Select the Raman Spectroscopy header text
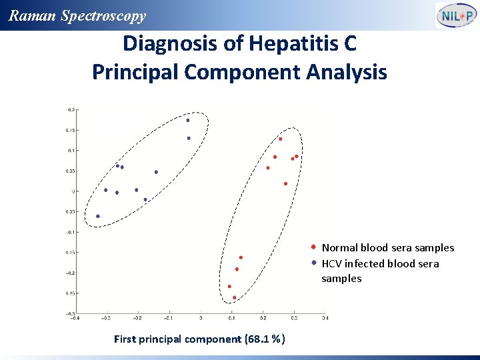pyautogui.click(x=77, y=15)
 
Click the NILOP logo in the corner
pyautogui.click(x=456, y=15)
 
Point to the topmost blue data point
pyautogui.click(x=188, y=121)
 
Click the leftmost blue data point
pyautogui.click(x=98, y=216)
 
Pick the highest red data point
pyautogui.click(x=281, y=139)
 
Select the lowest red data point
pyautogui.click(x=234, y=297)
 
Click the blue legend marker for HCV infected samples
pyautogui.click(x=313, y=263)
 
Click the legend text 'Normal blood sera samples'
pyautogui.click(x=387, y=248)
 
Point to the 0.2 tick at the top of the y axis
pyautogui.click(x=71, y=109)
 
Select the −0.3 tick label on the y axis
pyautogui.click(x=69, y=313)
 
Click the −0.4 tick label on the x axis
pyautogui.click(x=76, y=318)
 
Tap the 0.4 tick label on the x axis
pyautogui.click(x=325, y=318)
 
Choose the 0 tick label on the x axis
pyautogui.click(x=201, y=318)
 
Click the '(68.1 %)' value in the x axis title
pyautogui.click(x=265, y=339)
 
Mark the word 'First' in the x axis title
pyautogui.click(x=125, y=339)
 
